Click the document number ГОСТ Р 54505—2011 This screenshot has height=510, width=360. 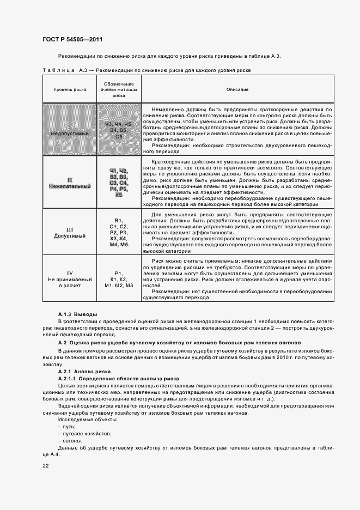72,40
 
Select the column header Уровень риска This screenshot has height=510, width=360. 69,89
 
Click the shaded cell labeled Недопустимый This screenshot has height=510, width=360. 69,130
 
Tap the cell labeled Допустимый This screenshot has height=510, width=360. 69,233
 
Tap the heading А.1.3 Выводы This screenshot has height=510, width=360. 78,315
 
